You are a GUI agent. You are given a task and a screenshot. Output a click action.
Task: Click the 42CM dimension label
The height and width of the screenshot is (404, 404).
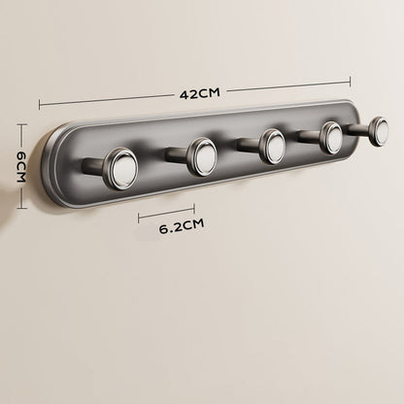tap(200, 93)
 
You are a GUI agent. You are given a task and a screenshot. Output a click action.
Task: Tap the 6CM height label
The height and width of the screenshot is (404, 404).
tap(20, 166)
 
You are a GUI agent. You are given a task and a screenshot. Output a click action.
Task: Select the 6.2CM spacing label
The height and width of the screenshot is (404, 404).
tap(182, 226)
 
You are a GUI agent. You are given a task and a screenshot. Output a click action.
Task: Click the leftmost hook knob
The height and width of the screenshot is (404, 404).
tap(120, 168)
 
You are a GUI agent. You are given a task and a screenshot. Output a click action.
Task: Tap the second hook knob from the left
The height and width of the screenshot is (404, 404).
tap(203, 157)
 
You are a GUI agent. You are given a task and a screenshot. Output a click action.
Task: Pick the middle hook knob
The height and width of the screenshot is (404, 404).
tap(274, 146)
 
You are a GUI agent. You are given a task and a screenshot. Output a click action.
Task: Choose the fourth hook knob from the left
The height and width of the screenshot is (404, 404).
tap(332, 138)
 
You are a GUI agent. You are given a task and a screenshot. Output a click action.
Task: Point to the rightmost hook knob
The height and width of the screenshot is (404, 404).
tap(379, 131)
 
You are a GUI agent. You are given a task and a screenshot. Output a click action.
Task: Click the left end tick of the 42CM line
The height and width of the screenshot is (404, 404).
tap(40, 105)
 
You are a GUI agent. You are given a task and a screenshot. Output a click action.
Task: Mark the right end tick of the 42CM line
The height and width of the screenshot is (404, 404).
tap(350, 82)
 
